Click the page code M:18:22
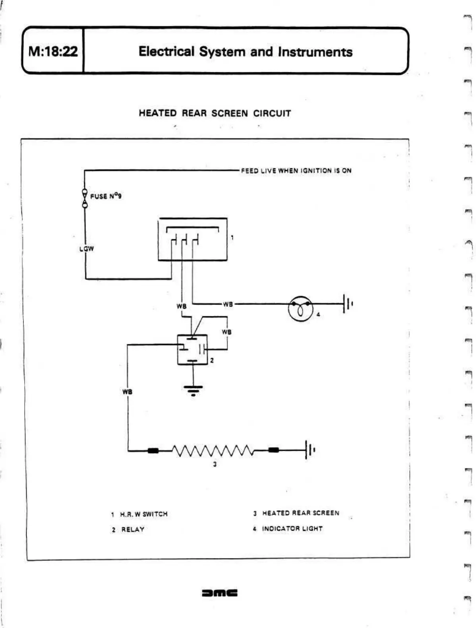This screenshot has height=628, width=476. [x=53, y=51]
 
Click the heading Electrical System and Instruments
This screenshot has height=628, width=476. [x=245, y=52]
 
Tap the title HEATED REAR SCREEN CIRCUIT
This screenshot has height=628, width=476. [x=215, y=113]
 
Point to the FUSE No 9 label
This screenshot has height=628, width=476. [x=106, y=196]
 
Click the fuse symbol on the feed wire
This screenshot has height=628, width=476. [x=85, y=198]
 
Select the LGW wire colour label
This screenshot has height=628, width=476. [x=86, y=249]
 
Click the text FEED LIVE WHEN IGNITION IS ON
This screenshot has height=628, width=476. [x=296, y=171]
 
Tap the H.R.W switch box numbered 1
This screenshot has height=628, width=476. [x=193, y=239]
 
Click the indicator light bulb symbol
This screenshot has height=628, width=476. [x=300, y=308]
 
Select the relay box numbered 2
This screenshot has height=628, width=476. [x=192, y=349]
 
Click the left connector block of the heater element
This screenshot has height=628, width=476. [x=153, y=450]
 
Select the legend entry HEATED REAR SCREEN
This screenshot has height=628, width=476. [x=300, y=513]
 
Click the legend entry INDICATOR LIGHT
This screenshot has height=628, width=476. [x=292, y=529]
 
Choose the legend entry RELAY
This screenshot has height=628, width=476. [x=132, y=529]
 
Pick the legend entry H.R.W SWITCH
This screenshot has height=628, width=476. [x=143, y=514]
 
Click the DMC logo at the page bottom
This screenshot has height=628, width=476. [x=220, y=593]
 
